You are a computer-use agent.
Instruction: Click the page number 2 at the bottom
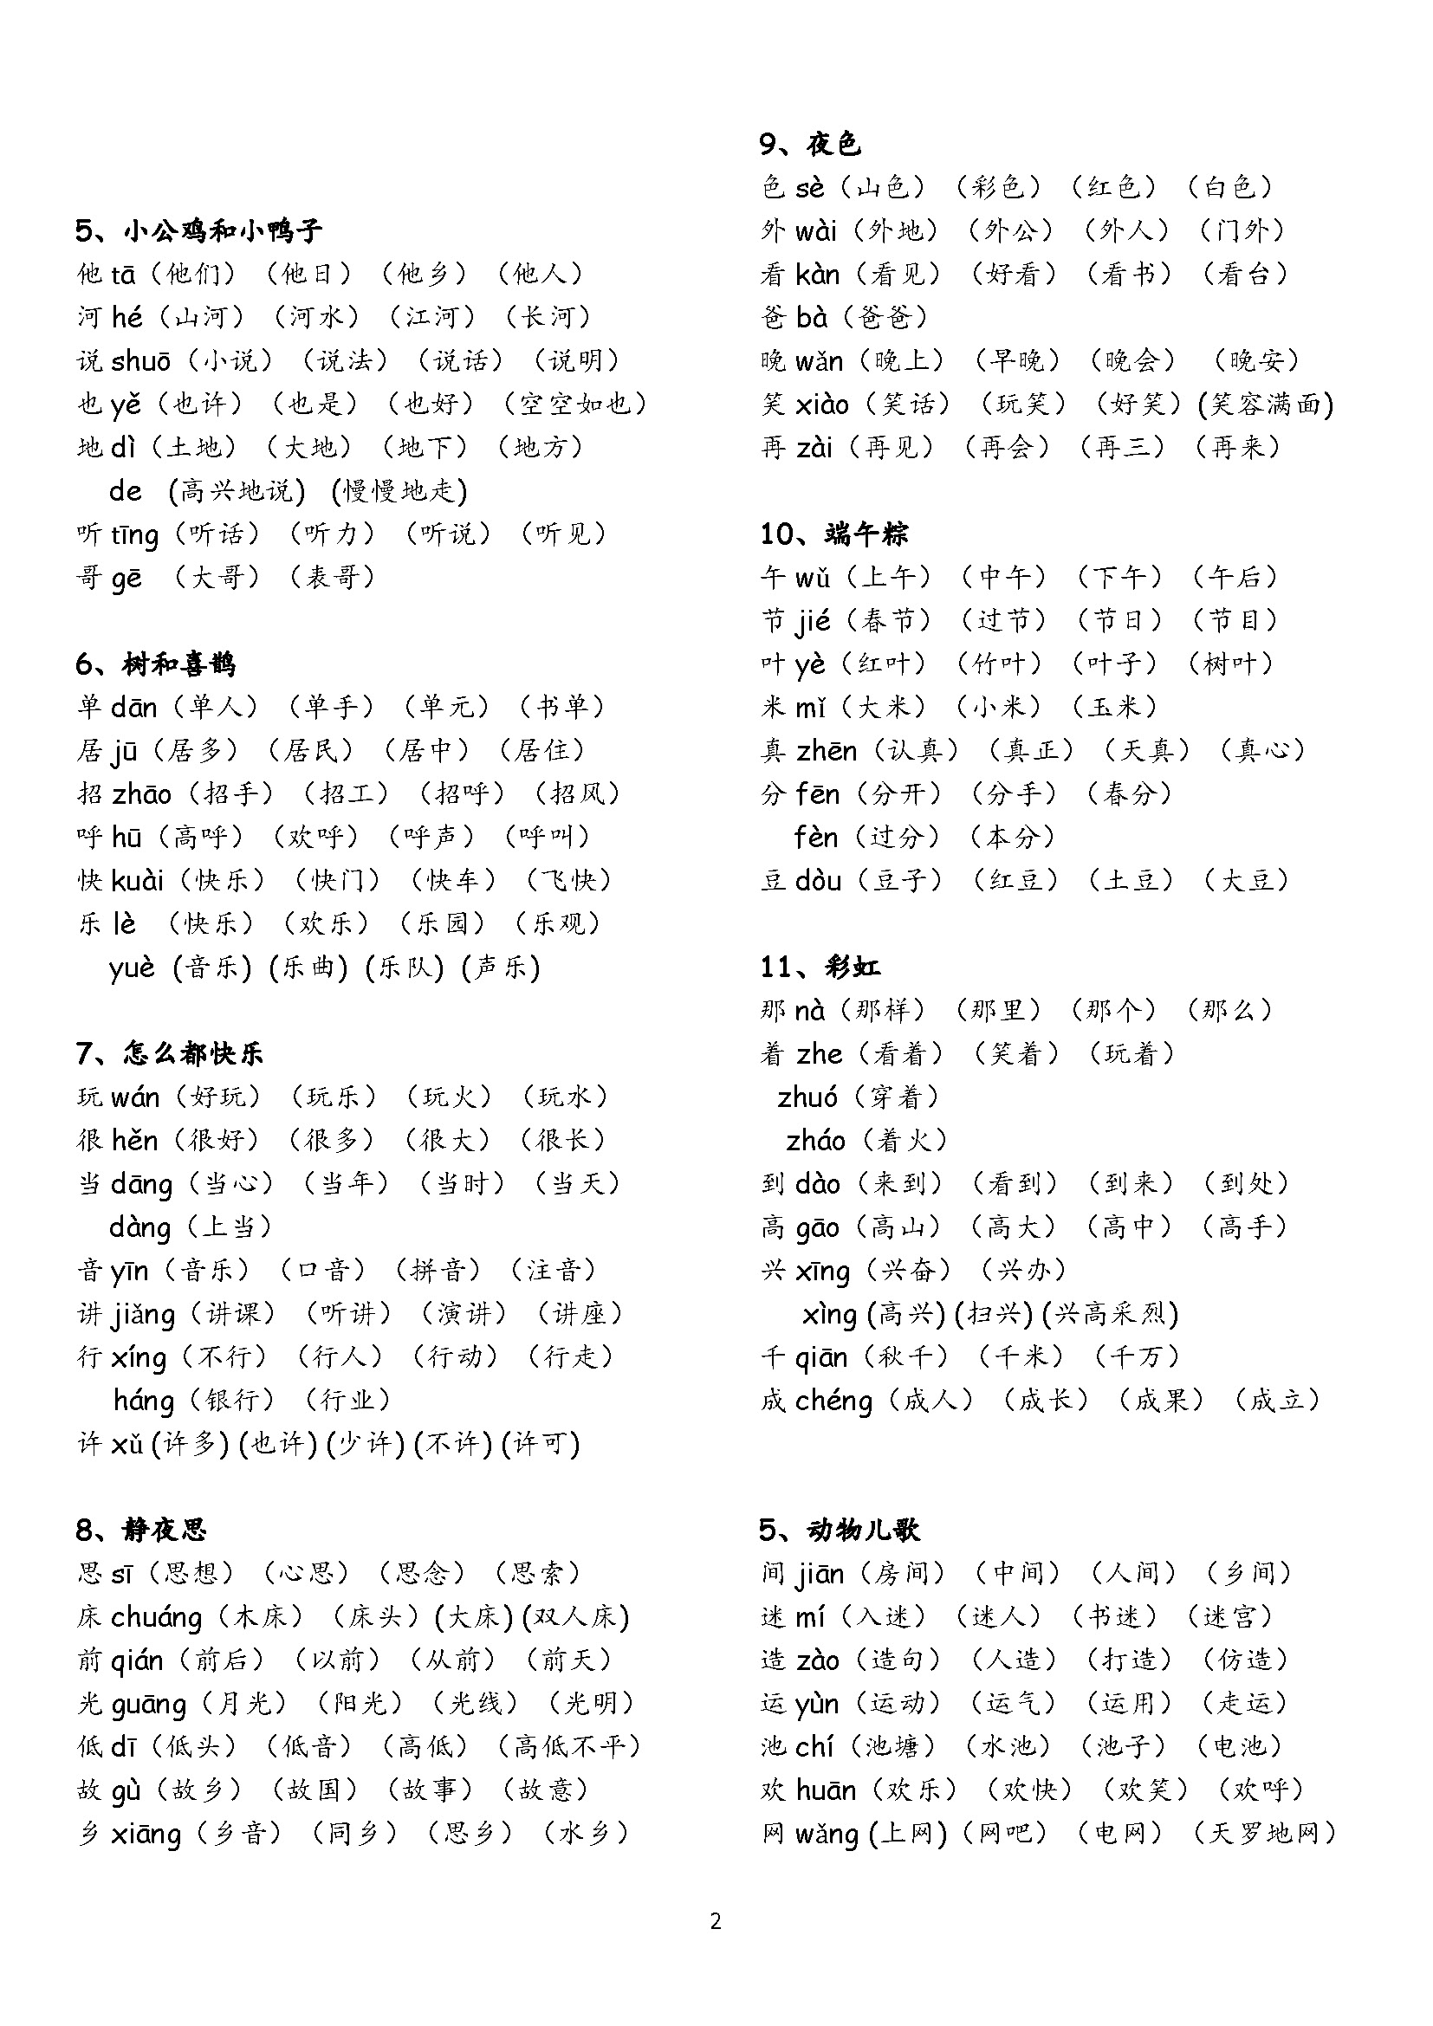pos(716,1921)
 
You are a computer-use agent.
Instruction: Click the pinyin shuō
pos(141,361)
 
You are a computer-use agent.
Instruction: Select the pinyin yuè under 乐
pos(133,968)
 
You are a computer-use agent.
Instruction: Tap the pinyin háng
pos(144,1401)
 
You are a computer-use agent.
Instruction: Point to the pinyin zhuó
pos(807,1097)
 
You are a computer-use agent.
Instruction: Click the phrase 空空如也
pos(575,405)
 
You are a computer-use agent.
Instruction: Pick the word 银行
pos(232,1401)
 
